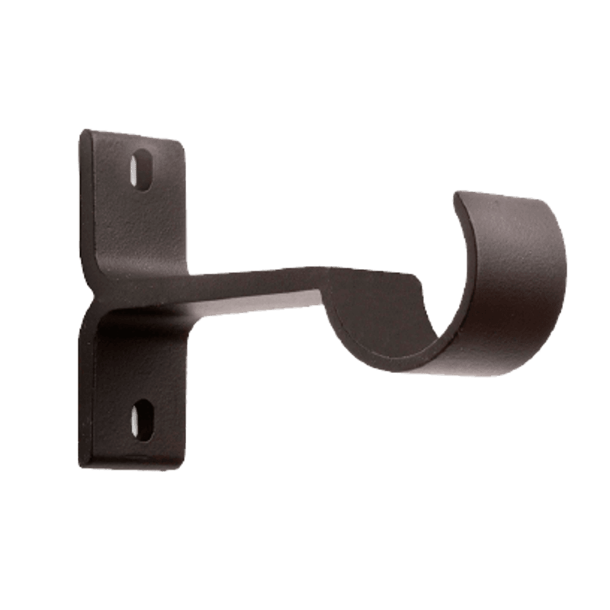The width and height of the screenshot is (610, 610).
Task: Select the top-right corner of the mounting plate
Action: (x=184, y=140)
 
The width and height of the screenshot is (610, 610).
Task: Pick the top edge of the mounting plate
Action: (x=133, y=135)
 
